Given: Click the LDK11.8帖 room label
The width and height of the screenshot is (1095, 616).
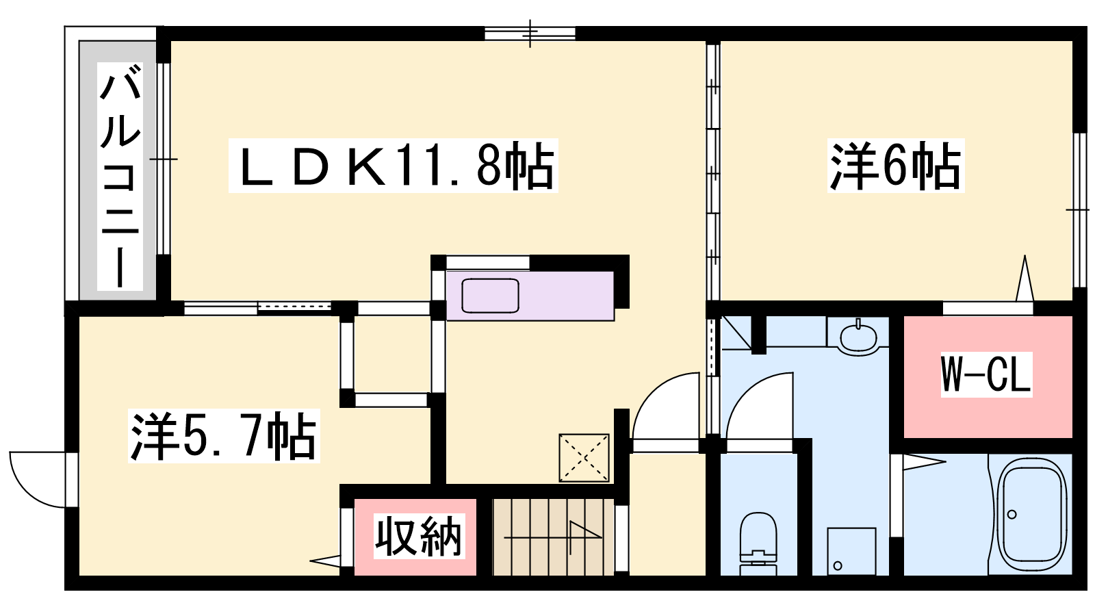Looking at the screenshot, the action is coord(393,166).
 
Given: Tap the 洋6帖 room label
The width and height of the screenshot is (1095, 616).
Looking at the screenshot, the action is coord(896,166).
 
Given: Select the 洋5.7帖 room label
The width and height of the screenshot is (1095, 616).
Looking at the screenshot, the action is coord(224,436).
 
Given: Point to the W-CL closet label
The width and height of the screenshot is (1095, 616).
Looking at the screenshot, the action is coord(986,374).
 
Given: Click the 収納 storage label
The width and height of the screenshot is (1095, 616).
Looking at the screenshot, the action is coord(419,537).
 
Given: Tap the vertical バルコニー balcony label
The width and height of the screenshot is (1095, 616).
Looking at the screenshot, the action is coord(120,176).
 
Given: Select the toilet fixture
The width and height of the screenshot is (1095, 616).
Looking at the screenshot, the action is coord(758,543).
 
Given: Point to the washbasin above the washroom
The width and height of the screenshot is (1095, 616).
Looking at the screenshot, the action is coord(858,335).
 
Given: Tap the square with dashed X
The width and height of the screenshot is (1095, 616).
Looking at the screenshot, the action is coord(584,458).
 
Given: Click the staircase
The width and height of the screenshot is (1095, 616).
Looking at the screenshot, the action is coord(554,537).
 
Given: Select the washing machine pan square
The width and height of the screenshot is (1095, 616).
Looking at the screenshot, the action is coord(851,552).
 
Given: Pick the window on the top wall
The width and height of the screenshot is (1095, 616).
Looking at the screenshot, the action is coord(530,34).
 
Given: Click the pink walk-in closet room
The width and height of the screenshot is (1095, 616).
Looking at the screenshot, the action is coord(988,377).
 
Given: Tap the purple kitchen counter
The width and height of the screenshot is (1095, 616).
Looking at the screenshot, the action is coord(530,296).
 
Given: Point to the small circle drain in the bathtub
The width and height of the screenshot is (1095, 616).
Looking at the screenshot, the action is coord(1012,514).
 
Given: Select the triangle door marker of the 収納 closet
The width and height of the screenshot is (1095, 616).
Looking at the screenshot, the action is coord(325,561).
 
